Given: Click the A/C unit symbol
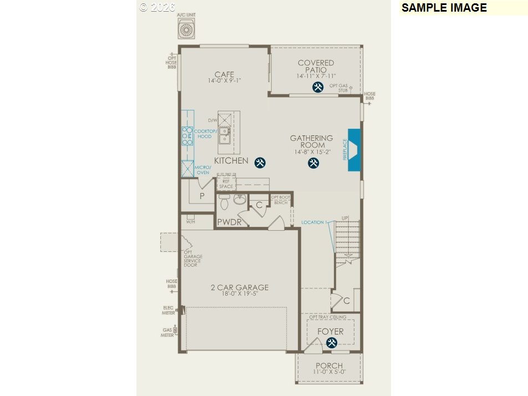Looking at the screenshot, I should pyautogui.click(x=186, y=28).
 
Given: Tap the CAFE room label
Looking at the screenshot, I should pyautogui.click(x=224, y=74).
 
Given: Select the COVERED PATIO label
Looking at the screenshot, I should pyautogui.click(x=316, y=67).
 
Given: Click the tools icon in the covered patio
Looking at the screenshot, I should pyautogui.click(x=318, y=87).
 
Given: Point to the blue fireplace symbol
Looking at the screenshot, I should pyautogui.click(x=354, y=150).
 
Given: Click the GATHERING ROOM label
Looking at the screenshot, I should pyautogui.click(x=312, y=141).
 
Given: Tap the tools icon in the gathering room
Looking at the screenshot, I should pyautogui.click(x=313, y=163).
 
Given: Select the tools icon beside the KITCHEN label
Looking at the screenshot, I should pyautogui.click(x=260, y=163).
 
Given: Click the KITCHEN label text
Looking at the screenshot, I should pyautogui.click(x=231, y=161).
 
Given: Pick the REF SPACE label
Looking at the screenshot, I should pyautogui.click(x=226, y=184).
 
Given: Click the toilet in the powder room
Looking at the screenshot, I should pyautogui.click(x=224, y=203).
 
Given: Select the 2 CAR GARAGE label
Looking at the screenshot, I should pyautogui.click(x=240, y=287).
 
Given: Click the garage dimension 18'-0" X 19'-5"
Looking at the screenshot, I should pyautogui.click(x=240, y=293).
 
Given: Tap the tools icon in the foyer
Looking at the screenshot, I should pyautogui.click(x=332, y=343).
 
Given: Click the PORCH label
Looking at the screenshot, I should pyautogui.click(x=329, y=365).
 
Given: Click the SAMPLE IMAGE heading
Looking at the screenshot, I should pyautogui.click(x=444, y=8).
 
